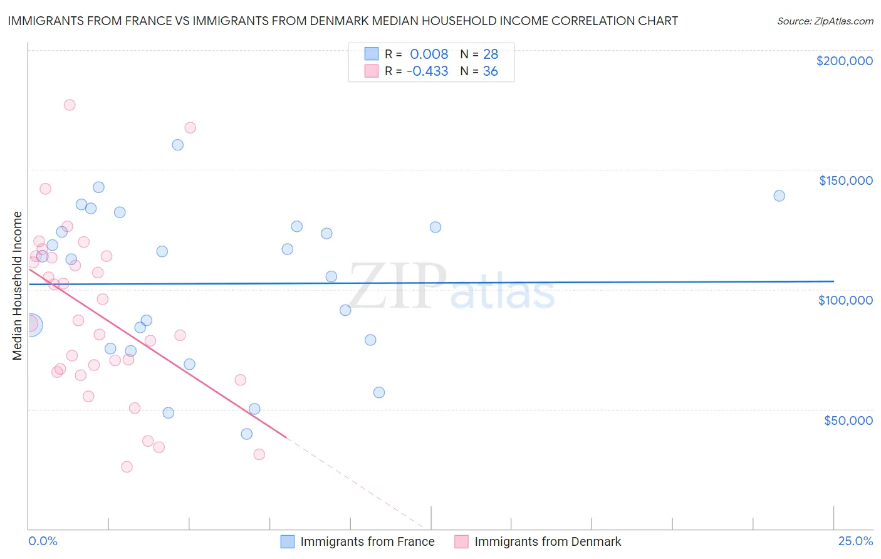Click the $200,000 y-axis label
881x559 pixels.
tap(844, 61)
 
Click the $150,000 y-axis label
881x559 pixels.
tap(845, 180)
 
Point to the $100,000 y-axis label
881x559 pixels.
tap(845, 300)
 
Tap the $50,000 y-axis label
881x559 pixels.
tap(848, 420)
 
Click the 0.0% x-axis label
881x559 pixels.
tap(43, 541)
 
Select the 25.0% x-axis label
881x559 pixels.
tap(855, 541)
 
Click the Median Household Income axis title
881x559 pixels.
tap(17, 286)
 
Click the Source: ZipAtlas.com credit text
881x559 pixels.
tap(825, 21)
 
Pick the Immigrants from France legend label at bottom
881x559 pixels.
tap(367, 541)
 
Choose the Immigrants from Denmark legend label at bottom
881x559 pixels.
tap(548, 541)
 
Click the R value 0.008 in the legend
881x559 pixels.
tap(429, 55)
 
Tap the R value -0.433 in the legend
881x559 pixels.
tap(427, 71)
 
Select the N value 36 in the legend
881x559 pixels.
tap(490, 71)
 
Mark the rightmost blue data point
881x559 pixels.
tap(779, 196)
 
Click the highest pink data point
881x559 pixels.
tap(70, 105)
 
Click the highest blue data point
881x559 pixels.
tap(178, 145)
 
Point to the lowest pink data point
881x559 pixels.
tap(127, 467)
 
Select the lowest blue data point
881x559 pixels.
tap(247, 434)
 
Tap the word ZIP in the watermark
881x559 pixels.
tap(397, 286)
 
